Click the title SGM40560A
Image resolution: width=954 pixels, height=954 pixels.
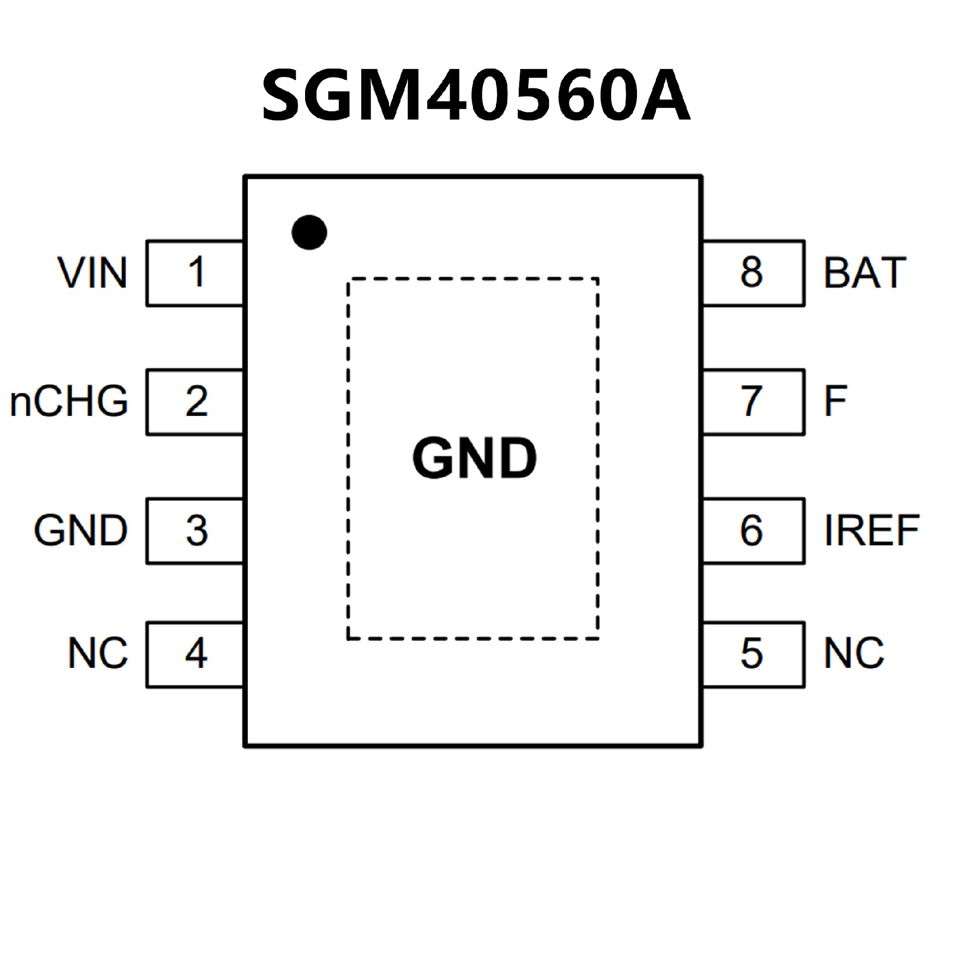(476, 95)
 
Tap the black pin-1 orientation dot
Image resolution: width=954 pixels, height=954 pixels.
(309, 233)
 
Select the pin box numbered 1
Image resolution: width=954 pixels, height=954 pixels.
(195, 273)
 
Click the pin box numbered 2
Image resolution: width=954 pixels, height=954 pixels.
(195, 402)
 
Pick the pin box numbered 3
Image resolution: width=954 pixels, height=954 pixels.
(195, 531)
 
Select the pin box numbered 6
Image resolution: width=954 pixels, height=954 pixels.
(753, 531)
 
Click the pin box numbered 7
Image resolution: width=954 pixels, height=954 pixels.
(753, 402)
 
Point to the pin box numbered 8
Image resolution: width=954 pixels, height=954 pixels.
(753, 273)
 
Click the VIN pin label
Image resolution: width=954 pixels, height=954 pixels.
(93, 273)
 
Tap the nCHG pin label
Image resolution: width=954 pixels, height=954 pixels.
(69, 401)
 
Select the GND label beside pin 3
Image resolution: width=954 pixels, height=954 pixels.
(81, 531)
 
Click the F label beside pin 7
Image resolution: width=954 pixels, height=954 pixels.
(835, 401)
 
